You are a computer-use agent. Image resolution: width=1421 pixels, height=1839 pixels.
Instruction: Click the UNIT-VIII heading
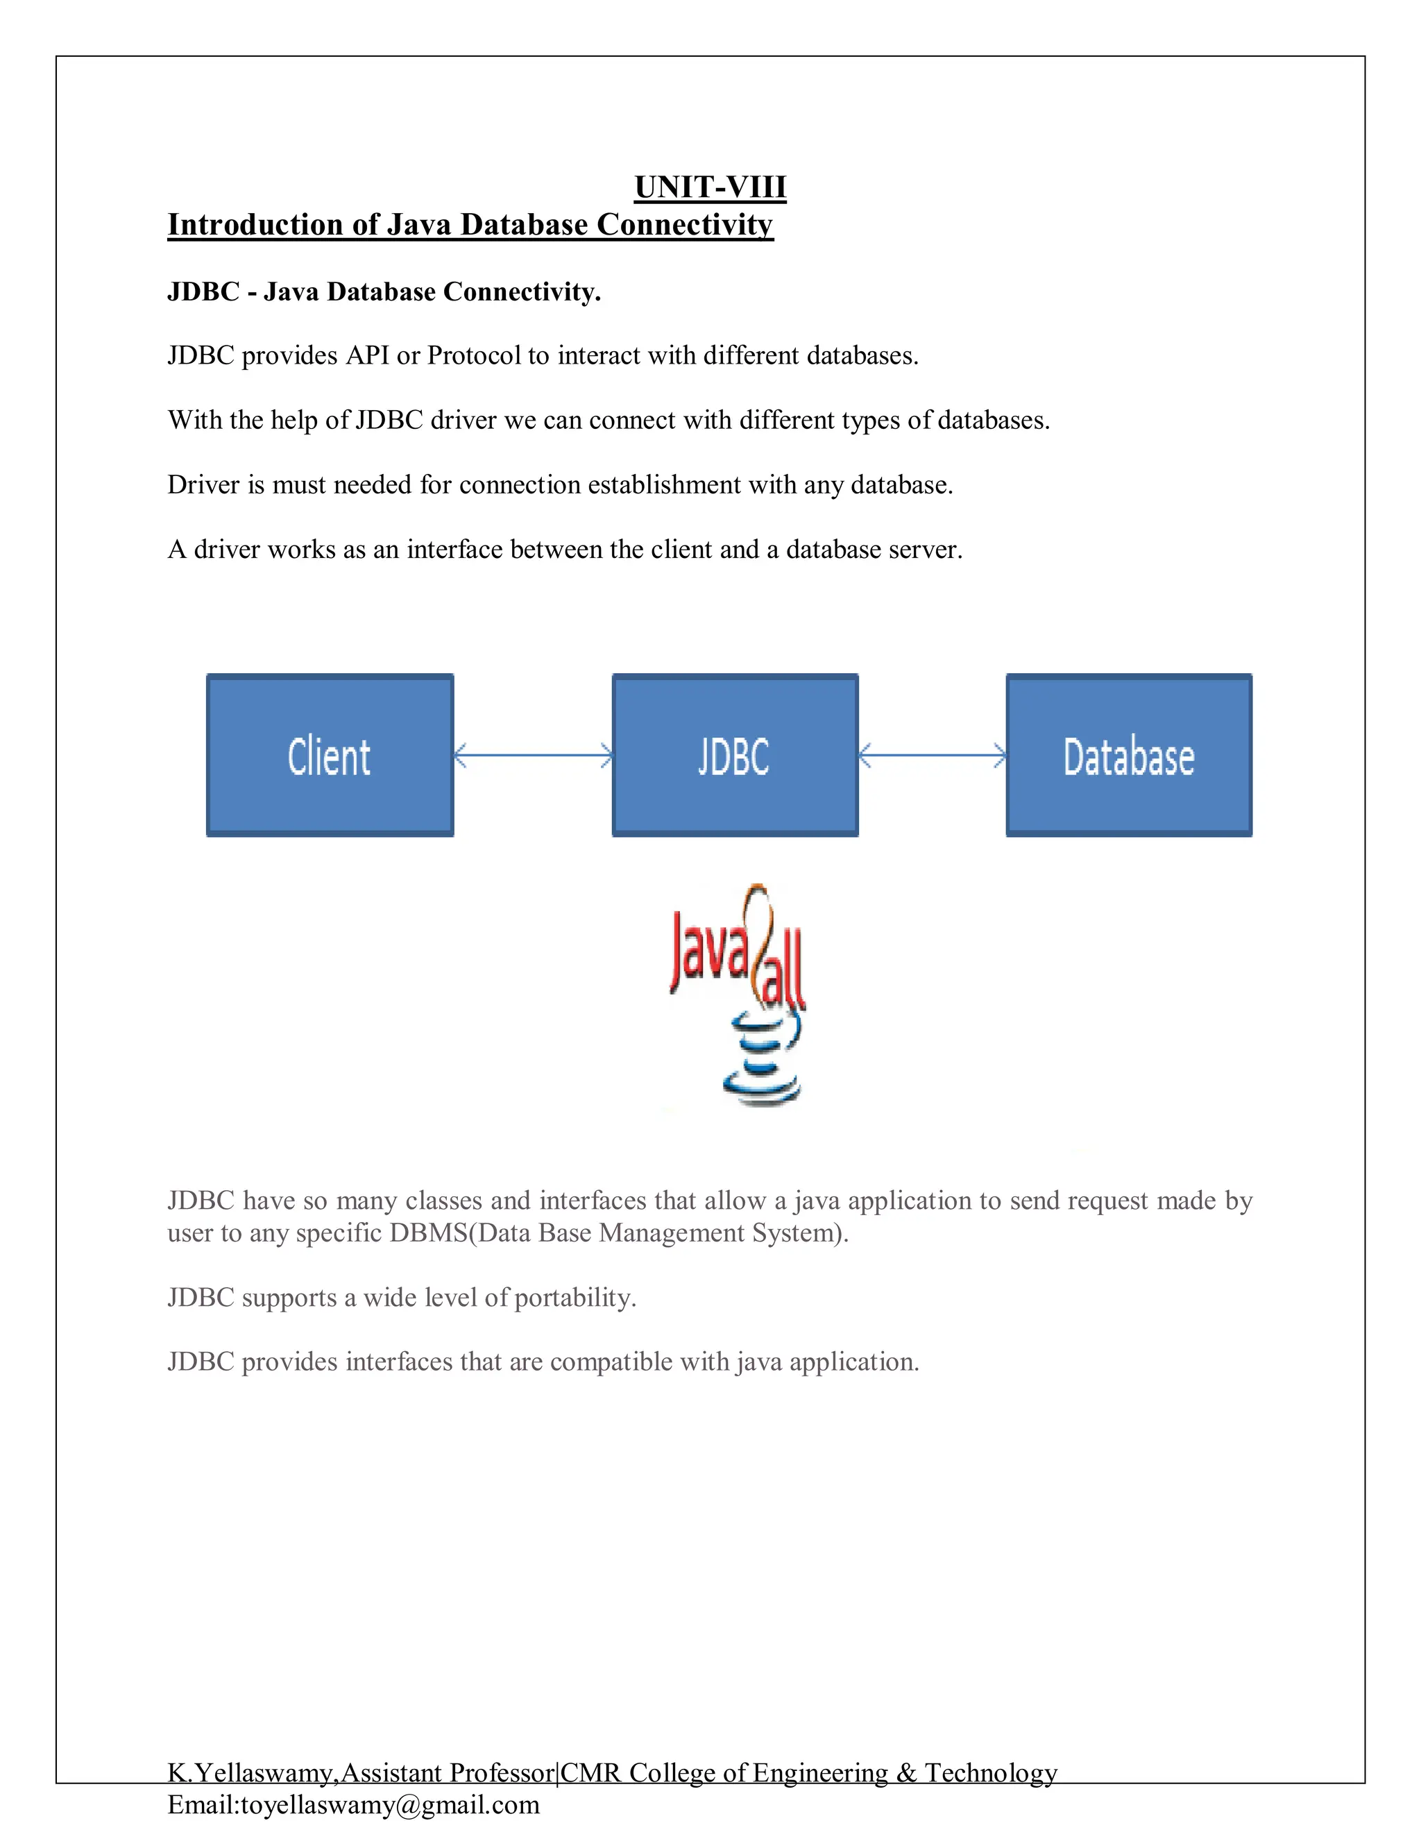710,187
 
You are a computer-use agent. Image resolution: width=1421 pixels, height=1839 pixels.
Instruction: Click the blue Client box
330,755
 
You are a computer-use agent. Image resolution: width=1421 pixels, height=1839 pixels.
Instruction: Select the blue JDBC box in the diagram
735,755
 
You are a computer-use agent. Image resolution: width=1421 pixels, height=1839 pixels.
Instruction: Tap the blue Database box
1129,755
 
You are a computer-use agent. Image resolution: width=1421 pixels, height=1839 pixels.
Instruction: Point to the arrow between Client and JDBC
533,755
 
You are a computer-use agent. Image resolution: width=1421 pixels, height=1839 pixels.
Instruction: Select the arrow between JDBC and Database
932,755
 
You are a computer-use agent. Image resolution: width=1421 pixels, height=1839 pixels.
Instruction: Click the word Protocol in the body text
474,355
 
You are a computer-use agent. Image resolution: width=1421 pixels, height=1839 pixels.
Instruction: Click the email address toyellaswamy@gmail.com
391,1804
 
